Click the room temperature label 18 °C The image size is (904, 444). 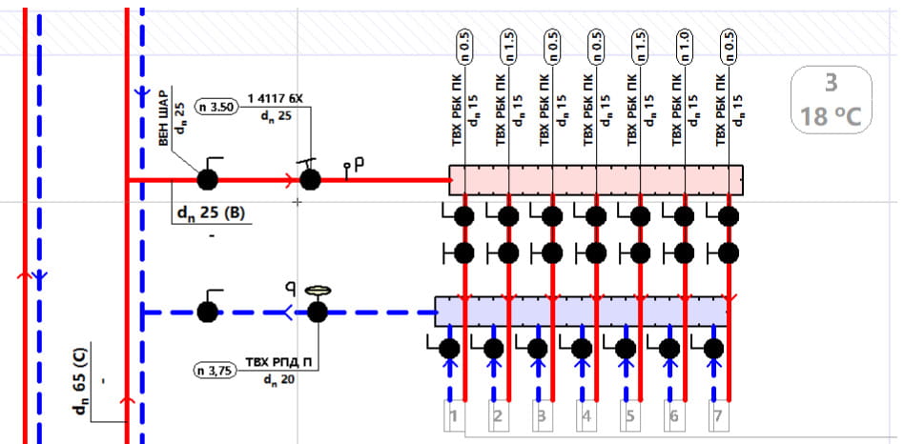831,117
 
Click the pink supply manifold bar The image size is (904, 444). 597,178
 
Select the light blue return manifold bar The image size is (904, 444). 581,311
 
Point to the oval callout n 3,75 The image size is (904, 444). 215,370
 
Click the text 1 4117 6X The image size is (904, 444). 275,98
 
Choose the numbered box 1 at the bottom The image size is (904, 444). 455,416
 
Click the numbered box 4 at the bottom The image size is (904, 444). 586,416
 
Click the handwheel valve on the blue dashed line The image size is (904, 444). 317,310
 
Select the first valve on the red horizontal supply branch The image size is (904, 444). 207,178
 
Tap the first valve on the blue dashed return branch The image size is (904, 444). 207,311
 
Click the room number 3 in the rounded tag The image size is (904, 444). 831,84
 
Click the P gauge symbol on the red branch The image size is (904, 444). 354,168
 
